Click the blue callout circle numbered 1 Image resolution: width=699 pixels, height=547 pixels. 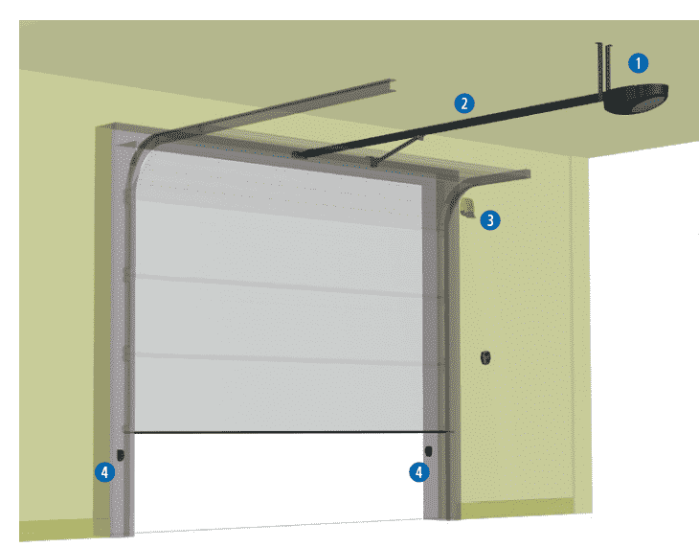point(639,64)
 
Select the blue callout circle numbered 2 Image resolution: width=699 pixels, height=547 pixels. point(464,103)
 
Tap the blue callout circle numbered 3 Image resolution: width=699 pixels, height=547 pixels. point(489,220)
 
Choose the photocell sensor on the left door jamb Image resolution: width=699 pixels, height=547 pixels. point(121,454)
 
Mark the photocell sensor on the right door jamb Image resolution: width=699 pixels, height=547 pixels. point(428,450)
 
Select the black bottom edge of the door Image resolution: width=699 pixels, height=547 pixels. point(278,433)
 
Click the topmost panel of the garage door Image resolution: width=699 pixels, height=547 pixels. point(278,177)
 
